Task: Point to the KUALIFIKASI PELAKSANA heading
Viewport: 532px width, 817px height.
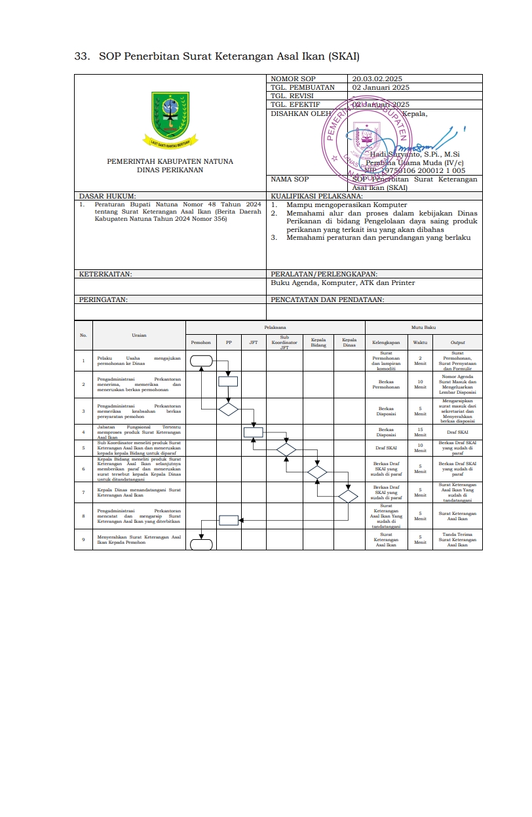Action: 316,196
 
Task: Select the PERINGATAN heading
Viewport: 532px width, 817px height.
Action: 104,299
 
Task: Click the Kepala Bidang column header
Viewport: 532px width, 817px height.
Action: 318,342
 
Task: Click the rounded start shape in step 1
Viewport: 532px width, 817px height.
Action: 202,360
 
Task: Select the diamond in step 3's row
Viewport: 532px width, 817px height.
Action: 228,409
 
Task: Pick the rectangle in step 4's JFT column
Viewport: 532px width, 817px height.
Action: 254,432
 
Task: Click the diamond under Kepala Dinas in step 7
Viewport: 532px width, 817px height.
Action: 348,496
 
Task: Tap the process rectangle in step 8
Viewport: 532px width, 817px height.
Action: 228,520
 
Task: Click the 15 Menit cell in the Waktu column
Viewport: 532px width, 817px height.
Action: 420,432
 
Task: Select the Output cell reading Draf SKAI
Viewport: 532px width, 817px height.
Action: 457,432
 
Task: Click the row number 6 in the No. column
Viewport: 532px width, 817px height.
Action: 83,469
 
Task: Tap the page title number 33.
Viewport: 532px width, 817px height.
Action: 81,56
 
